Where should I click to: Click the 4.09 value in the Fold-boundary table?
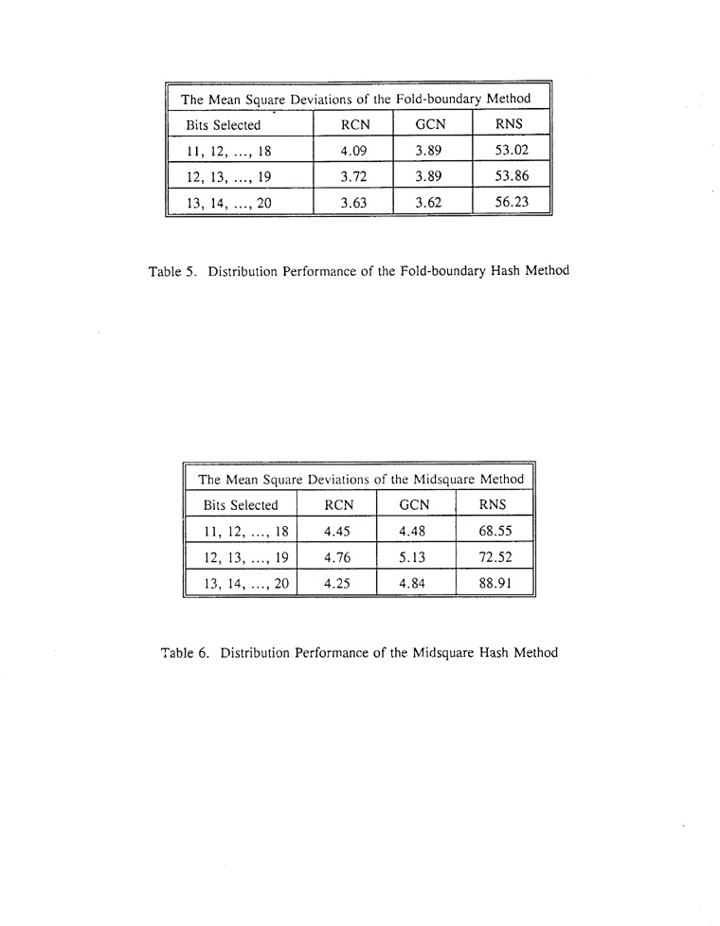pos(353,150)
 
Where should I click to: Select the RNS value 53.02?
pos(512,150)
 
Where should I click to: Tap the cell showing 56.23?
pos(512,202)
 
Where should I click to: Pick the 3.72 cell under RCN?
pos(353,176)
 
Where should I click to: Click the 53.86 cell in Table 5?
pos(512,176)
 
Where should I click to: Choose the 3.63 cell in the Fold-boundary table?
pos(353,202)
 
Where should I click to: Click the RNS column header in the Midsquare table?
pos(494,505)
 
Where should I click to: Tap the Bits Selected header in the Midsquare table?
pos(241,505)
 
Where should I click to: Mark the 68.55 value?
pos(495,532)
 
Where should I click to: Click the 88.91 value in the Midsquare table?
pos(495,584)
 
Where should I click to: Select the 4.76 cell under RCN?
pos(337,557)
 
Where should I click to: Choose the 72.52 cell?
pos(495,557)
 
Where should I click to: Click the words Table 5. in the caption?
pos(172,271)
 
